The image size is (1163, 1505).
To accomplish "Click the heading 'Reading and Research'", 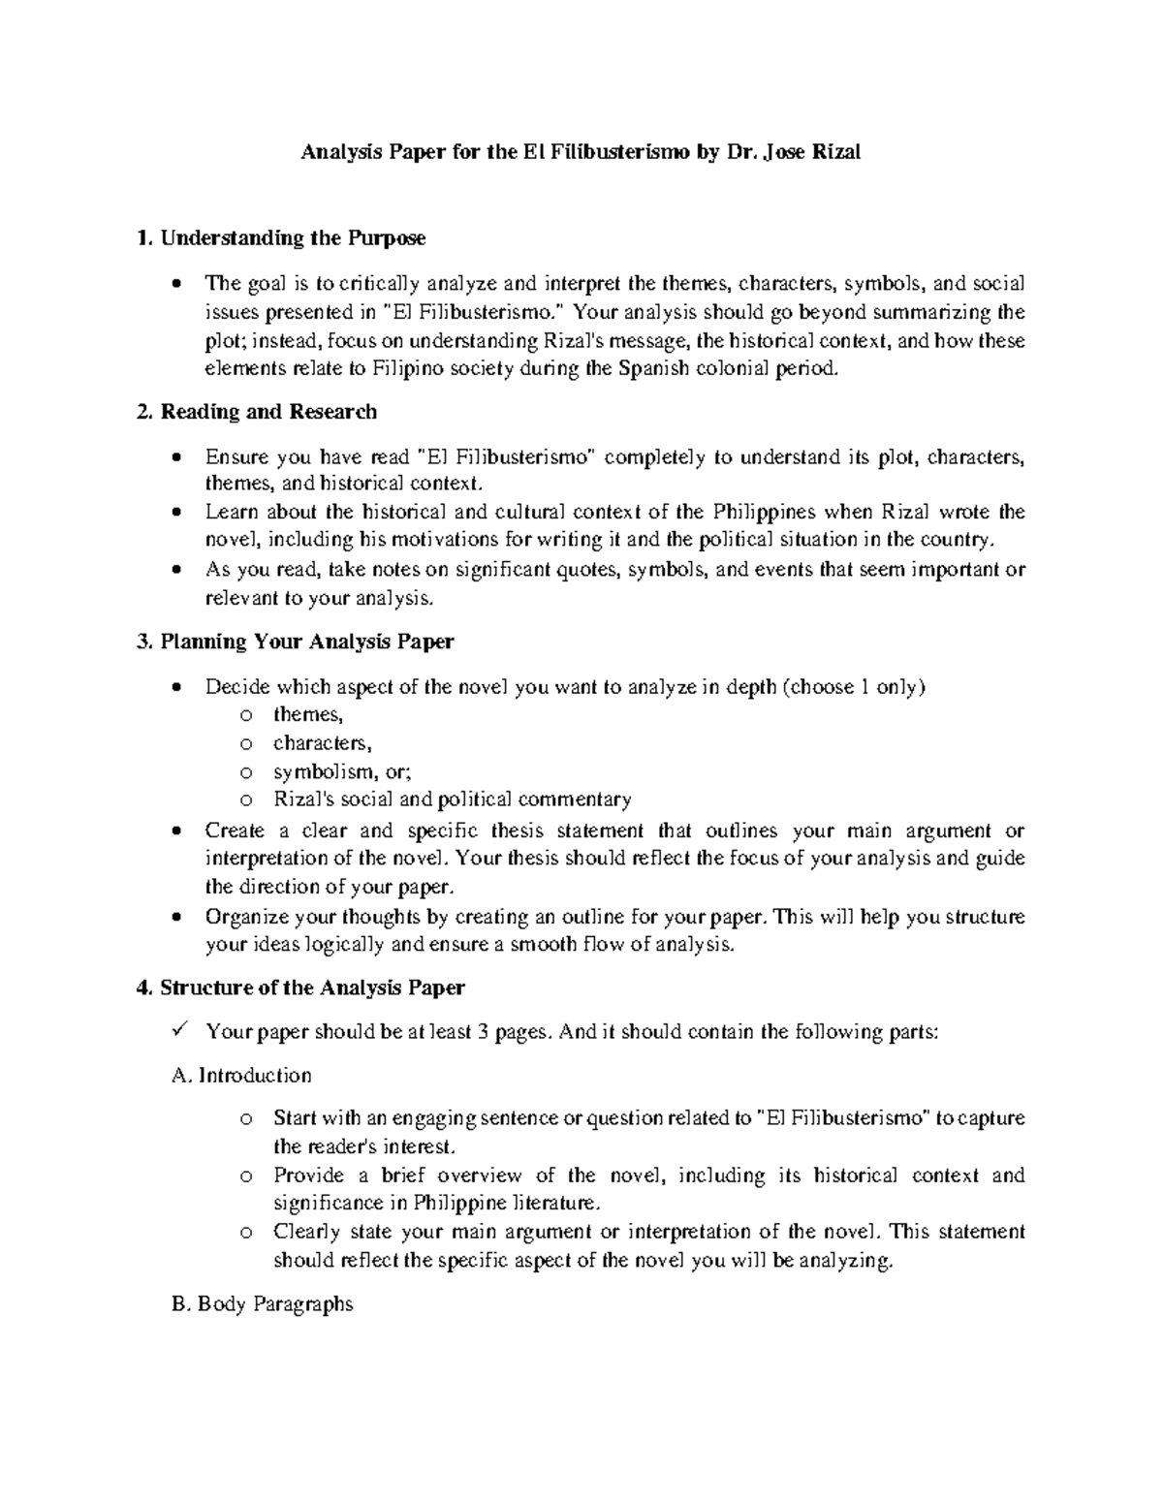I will (267, 412).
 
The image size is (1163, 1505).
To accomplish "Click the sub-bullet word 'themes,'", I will (308, 715).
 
